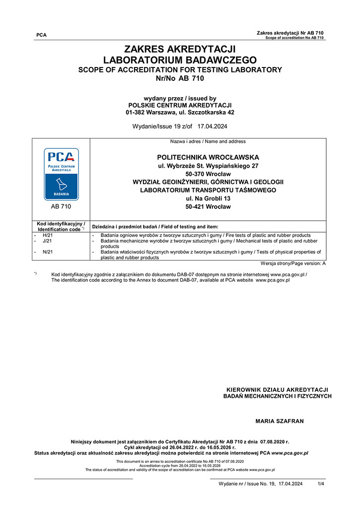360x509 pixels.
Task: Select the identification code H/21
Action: (48, 235)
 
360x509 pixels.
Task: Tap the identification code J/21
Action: (48, 241)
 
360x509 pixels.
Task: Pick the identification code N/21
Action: (48, 252)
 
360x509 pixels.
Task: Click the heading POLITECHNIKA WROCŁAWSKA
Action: (208, 157)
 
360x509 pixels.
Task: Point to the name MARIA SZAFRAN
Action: (279, 421)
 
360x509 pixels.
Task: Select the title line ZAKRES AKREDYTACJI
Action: (180, 49)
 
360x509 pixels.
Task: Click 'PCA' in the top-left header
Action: (42, 35)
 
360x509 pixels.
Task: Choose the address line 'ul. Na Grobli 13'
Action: (208, 198)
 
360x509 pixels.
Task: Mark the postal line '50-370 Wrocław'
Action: (208, 174)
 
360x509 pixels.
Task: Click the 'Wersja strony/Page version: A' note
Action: (293, 263)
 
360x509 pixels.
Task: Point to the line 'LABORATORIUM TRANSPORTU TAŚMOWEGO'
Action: (208, 190)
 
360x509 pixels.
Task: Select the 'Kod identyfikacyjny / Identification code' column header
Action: (61, 226)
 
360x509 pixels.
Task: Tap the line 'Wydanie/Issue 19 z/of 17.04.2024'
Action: (180, 127)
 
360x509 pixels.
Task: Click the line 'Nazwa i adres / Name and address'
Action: (208, 142)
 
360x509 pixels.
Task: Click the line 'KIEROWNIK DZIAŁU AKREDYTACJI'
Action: (277, 389)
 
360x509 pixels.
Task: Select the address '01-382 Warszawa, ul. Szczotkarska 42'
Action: (180, 113)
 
